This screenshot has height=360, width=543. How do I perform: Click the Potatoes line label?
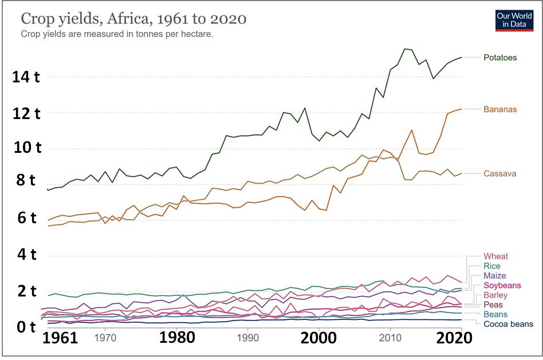[499, 58]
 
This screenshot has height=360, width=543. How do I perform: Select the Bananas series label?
[499, 109]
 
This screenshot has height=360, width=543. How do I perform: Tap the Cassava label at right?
[499, 173]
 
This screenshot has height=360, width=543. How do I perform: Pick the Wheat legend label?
[495, 256]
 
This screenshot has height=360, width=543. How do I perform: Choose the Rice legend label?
[491, 266]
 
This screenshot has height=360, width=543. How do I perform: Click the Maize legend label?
[495, 276]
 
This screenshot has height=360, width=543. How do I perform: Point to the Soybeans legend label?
[502, 285]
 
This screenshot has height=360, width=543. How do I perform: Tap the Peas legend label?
[493, 305]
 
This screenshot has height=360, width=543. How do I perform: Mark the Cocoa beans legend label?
[508, 325]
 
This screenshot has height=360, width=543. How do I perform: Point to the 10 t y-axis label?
[26, 148]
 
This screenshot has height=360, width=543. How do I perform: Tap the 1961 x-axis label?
[60, 337]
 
